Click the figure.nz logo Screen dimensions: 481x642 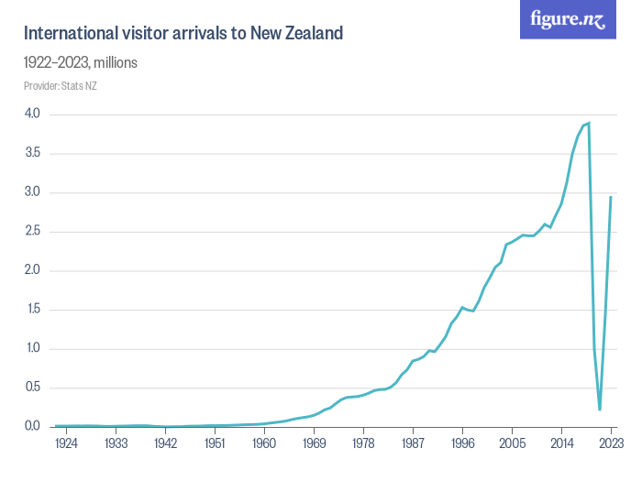(x=568, y=19)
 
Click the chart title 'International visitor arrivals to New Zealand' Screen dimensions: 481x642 (x=183, y=34)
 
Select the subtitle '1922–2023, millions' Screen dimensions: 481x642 (x=81, y=63)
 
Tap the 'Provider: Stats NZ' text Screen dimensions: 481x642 (x=61, y=86)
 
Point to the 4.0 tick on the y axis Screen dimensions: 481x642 (x=32, y=115)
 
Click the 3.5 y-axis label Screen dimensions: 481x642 (x=32, y=153)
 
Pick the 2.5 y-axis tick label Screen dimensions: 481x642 (x=32, y=232)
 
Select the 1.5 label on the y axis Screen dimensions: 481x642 (x=32, y=310)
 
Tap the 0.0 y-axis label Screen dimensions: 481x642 (x=32, y=427)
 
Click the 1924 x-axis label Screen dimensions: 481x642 (x=67, y=443)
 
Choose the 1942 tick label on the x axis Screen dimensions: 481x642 (x=165, y=443)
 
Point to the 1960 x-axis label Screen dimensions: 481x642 (x=264, y=443)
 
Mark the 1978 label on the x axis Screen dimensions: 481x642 (x=363, y=443)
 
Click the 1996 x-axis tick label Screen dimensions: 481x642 (x=462, y=443)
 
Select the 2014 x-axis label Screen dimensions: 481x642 (x=561, y=443)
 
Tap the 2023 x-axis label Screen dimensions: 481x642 (x=611, y=443)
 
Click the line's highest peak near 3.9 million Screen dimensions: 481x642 (x=589, y=123)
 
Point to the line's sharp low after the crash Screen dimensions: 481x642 (x=600, y=410)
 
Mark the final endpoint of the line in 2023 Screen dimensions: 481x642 (x=611, y=196)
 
